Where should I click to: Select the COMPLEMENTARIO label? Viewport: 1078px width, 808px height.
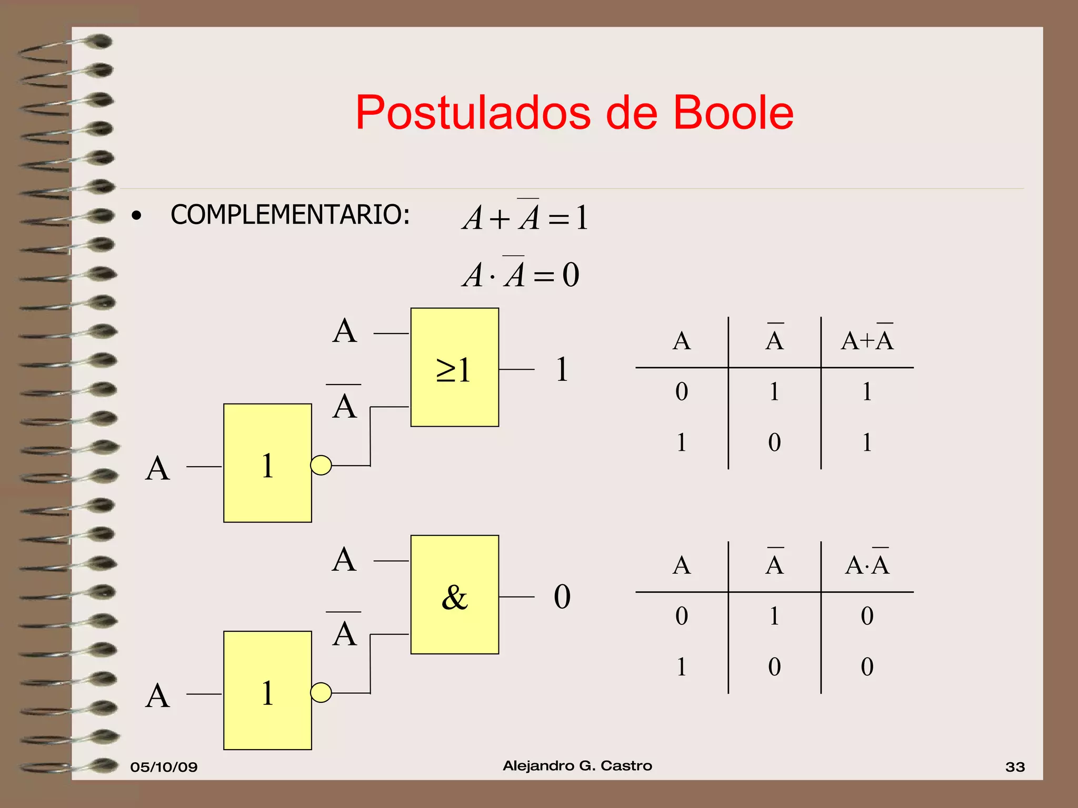click(x=290, y=215)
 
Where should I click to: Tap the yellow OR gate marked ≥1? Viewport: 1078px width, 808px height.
click(x=454, y=367)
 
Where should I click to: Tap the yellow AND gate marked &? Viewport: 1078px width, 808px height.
click(x=454, y=594)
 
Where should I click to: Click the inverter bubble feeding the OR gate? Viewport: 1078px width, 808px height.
click(x=321, y=465)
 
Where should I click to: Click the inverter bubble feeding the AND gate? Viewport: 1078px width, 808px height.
click(x=321, y=692)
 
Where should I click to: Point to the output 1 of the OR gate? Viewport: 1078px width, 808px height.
click(x=562, y=369)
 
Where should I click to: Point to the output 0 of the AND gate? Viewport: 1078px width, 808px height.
click(x=562, y=597)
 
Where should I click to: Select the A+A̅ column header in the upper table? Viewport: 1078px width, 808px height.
click(x=867, y=339)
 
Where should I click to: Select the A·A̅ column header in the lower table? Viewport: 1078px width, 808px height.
click(x=867, y=564)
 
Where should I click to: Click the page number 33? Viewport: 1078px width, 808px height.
click(x=1015, y=767)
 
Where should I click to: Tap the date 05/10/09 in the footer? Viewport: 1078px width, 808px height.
click(x=164, y=767)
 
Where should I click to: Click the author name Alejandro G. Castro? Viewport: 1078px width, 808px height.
click(x=577, y=766)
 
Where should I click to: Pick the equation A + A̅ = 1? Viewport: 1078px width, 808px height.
click(x=525, y=217)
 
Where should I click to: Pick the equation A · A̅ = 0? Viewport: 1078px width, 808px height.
click(x=521, y=274)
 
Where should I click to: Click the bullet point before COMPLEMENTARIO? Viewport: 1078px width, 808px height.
click(x=137, y=216)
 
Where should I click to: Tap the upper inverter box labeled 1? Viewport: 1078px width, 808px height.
click(x=267, y=463)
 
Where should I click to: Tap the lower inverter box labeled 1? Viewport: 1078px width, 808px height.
click(x=267, y=690)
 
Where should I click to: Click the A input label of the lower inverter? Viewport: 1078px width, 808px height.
click(x=157, y=695)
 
